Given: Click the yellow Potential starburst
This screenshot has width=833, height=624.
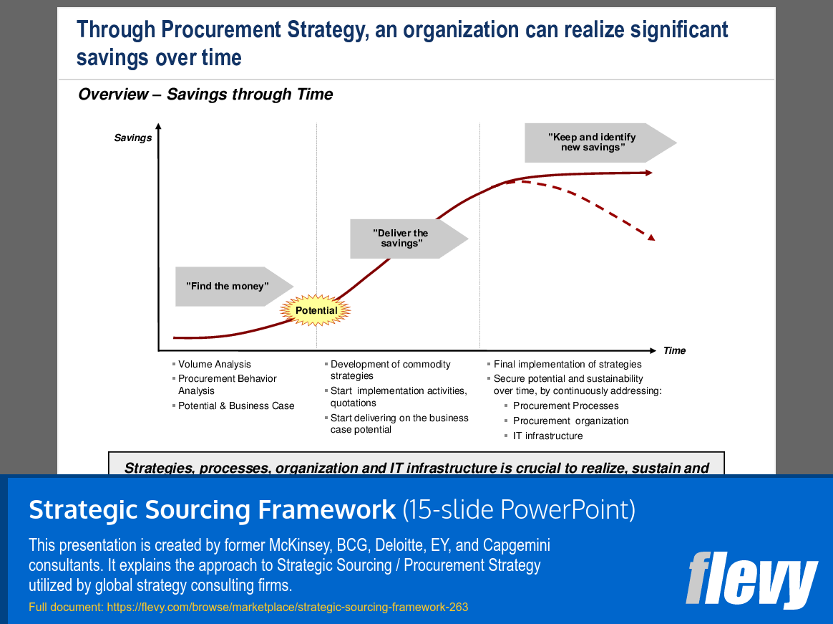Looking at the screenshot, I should click(x=316, y=311).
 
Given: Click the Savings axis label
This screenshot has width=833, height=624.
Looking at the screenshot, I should click(x=133, y=138).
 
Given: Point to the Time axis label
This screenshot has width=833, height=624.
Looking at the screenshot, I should click(x=674, y=350).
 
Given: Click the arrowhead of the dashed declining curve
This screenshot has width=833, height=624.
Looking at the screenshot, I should click(x=651, y=236).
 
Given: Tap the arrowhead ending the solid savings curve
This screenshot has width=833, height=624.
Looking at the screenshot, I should click(x=648, y=173).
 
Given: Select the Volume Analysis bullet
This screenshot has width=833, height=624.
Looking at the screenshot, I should click(x=215, y=365).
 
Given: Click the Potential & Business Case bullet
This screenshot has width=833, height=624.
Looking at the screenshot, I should click(x=236, y=405).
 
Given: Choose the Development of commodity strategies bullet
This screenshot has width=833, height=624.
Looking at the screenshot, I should click(x=390, y=370).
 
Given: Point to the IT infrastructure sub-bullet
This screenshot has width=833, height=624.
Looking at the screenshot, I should click(x=547, y=436).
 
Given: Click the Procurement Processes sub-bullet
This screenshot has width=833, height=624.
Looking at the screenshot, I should click(x=565, y=405).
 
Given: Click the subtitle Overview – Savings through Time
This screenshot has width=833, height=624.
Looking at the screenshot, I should click(x=205, y=95).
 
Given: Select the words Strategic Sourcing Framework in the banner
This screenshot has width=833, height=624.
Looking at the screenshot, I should click(x=212, y=509).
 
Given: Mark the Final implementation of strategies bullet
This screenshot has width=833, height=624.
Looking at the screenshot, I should click(x=567, y=365).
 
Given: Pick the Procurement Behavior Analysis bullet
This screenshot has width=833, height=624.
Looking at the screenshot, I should click(x=227, y=385).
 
